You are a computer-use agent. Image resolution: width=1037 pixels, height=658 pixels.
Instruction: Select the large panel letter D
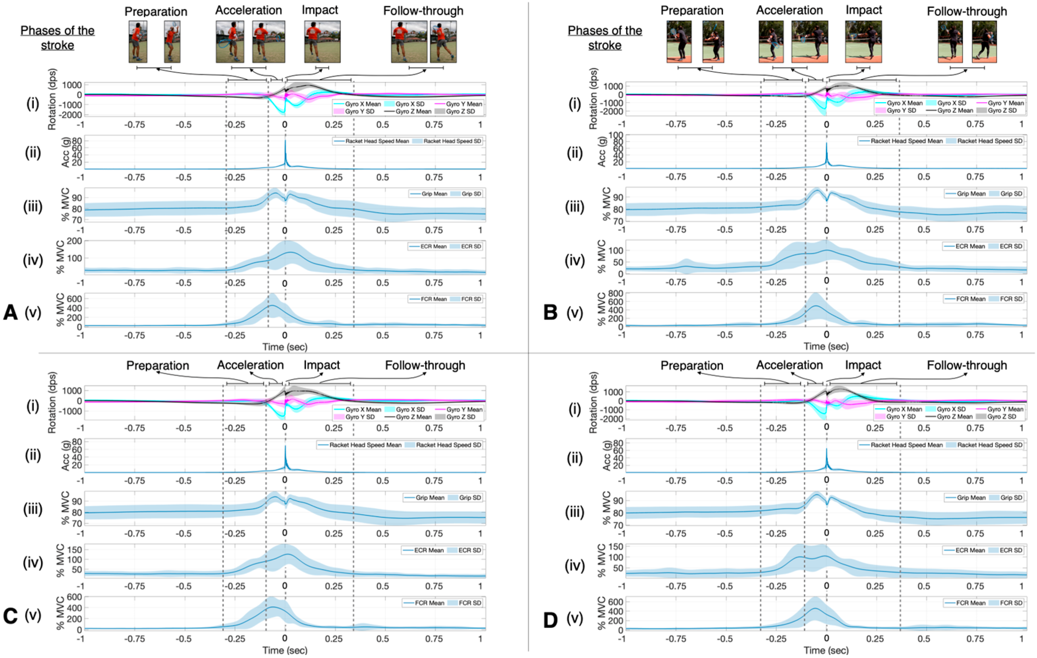[550, 620]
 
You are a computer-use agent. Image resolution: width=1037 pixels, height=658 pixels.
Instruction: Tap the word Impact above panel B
[863, 10]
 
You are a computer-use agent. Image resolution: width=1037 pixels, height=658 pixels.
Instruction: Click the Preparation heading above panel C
[157, 366]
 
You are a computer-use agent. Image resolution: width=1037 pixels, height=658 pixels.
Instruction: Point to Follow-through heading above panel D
[967, 366]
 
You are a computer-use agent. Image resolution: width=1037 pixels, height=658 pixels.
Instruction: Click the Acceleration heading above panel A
[248, 10]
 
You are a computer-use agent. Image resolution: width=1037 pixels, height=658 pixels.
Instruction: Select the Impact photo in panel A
[322, 42]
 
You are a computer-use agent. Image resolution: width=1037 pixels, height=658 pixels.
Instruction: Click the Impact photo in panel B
[863, 42]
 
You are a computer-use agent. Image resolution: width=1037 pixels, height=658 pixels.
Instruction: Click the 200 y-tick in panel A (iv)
[74, 241]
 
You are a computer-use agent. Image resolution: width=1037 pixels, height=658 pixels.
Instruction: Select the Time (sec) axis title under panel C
[285, 650]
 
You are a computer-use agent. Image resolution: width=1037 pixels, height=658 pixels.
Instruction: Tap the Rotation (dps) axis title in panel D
[593, 403]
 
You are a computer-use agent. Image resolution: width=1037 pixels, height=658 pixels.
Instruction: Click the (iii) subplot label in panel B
[575, 207]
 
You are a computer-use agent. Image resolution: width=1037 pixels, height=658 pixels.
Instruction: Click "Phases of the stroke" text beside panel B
[604, 38]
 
